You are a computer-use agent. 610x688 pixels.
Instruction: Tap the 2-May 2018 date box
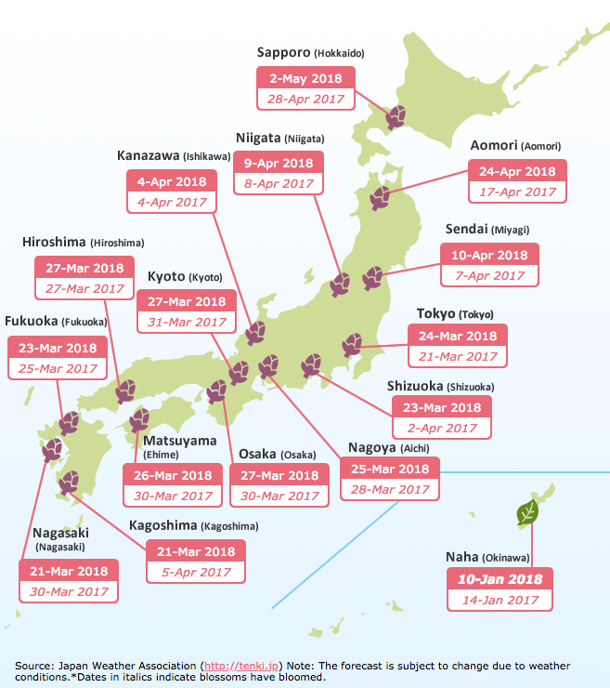click(301, 78)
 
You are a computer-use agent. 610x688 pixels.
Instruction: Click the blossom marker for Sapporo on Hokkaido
click(396, 117)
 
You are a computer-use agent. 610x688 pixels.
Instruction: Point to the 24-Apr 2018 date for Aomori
click(513, 172)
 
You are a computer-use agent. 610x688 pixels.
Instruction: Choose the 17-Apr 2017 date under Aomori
click(513, 192)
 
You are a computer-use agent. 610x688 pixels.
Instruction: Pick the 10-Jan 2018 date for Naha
click(500, 579)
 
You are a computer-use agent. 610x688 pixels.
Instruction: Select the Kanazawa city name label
click(148, 154)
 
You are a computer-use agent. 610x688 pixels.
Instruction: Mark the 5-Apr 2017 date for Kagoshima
click(195, 572)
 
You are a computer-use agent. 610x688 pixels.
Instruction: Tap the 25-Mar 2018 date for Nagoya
click(390, 469)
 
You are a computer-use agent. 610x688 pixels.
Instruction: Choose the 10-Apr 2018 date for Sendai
click(488, 255)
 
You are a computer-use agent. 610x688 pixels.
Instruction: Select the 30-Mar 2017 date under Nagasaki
click(69, 591)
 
